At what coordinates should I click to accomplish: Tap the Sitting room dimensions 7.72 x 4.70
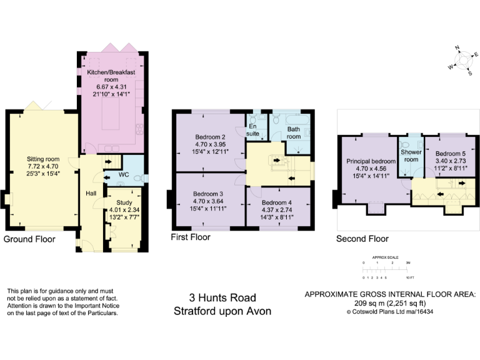[x=43, y=167]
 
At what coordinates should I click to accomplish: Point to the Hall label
[x=91, y=192]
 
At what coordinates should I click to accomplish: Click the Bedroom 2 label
[x=210, y=137]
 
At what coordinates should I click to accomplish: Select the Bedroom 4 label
[x=276, y=202]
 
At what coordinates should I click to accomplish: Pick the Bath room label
[x=294, y=133]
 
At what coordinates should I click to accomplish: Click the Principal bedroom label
[x=371, y=161]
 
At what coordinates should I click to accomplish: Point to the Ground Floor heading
[x=29, y=239]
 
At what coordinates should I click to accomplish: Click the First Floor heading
[x=191, y=237]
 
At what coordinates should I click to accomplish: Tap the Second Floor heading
[x=362, y=239]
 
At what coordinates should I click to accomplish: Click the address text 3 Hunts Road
[x=222, y=298]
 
